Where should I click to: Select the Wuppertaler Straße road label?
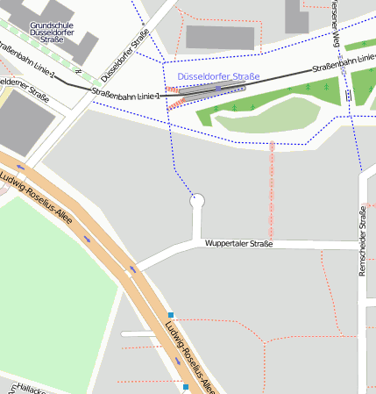click(238, 243)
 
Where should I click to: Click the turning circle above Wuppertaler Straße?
click(197, 201)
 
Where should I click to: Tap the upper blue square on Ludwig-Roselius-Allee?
click(171, 315)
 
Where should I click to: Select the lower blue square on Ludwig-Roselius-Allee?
click(186, 386)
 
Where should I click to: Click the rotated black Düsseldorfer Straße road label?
click(124, 54)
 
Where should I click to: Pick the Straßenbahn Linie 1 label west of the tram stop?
click(125, 93)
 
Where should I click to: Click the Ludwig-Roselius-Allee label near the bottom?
click(188, 356)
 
